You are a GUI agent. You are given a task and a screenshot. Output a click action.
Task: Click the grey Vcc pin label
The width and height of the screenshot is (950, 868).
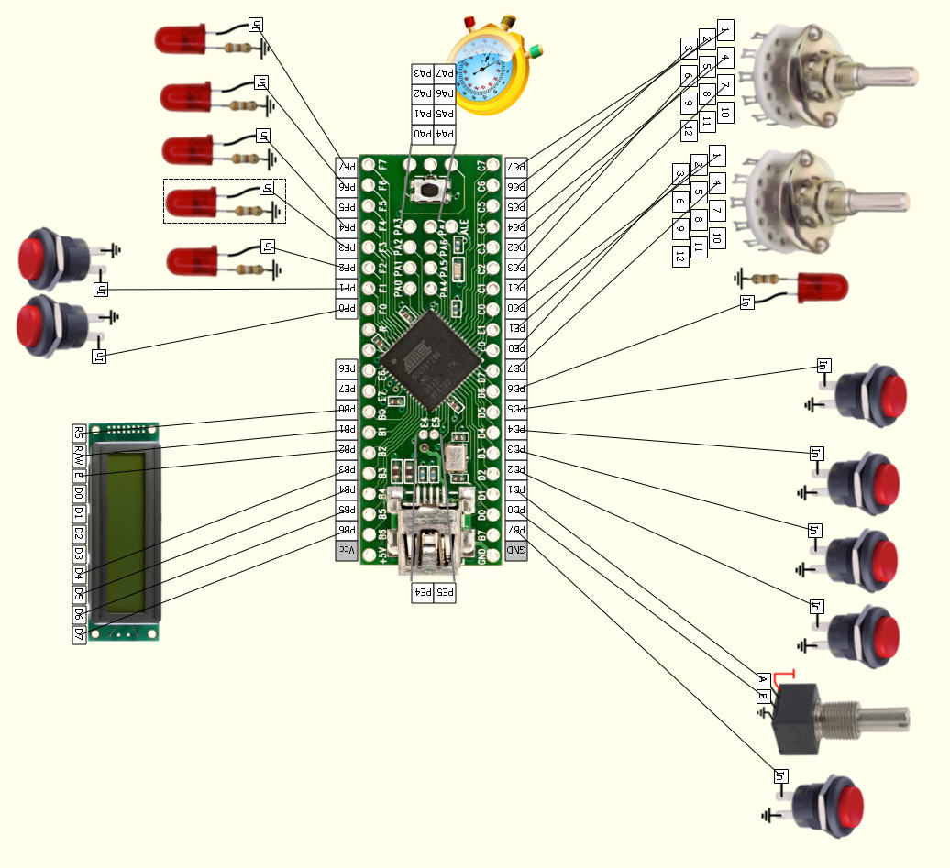coord(347,551)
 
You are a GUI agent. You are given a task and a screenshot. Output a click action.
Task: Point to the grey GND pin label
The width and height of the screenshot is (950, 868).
coord(516,551)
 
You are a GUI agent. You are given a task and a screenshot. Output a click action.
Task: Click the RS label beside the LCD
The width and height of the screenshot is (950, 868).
coord(80,433)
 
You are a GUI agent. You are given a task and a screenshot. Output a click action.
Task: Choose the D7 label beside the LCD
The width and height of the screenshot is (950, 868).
coord(80,633)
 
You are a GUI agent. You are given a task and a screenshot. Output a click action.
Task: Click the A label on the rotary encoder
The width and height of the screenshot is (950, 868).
coord(762,680)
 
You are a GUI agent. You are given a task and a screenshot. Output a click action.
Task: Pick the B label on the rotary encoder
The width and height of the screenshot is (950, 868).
coord(762,697)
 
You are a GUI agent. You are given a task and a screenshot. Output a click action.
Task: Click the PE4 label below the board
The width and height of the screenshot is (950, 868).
coord(423,593)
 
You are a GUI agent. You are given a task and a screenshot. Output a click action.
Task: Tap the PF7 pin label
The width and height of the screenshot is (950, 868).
coord(347,167)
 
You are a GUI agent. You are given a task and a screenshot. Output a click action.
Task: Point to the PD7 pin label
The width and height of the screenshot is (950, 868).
coord(517,368)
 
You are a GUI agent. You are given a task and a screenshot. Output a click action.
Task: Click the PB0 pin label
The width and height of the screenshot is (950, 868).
coord(347,410)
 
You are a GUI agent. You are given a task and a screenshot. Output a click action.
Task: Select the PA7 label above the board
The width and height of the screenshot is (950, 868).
coord(445,72)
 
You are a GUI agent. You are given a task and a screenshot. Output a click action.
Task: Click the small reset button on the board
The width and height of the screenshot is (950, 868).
coord(428,191)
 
